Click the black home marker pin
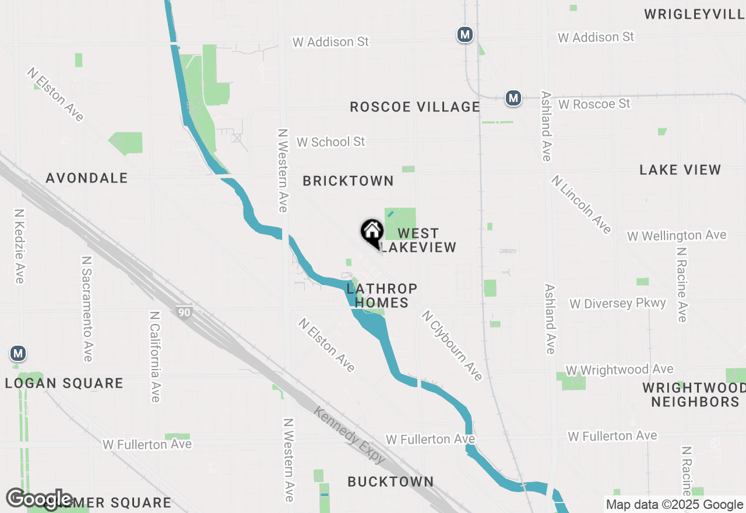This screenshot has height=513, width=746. [x=372, y=232]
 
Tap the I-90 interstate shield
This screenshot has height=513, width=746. [x=184, y=312]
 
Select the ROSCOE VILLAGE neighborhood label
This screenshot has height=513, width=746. [x=415, y=107]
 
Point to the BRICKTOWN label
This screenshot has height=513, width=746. [x=349, y=181]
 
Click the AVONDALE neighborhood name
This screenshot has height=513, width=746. [x=87, y=178]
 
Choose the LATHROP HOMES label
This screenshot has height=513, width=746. [x=382, y=296]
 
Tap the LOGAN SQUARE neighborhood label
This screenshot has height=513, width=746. [x=64, y=383]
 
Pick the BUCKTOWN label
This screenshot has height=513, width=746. [x=390, y=482]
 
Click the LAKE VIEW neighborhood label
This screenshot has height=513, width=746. [x=680, y=170]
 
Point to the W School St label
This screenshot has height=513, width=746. [x=330, y=142]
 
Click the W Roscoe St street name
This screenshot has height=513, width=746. [x=594, y=104]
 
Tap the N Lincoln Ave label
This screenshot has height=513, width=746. [x=580, y=204]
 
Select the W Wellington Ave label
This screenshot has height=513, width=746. [x=677, y=236]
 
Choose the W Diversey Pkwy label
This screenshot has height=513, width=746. [x=617, y=303]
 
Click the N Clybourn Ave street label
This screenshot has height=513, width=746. [x=452, y=345]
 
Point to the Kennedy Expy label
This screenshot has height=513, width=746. [x=350, y=435]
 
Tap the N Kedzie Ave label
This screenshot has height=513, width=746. [x=19, y=247]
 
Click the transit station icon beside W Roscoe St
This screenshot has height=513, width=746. [x=513, y=98]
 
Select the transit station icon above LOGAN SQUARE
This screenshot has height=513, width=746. [x=18, y=353]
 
